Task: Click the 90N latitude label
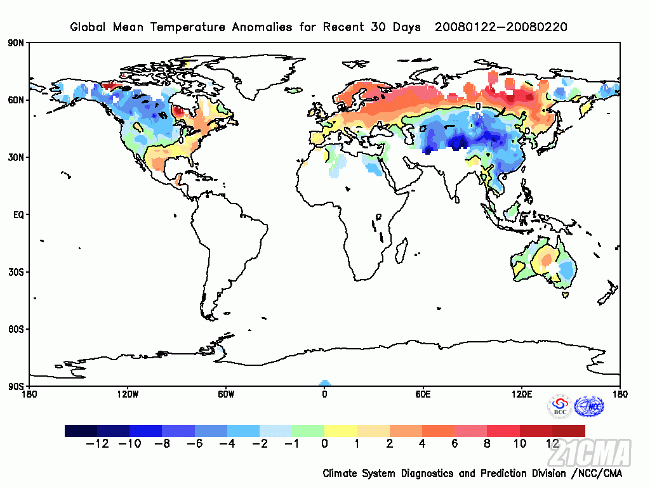[17, 43]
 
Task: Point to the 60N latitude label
[17, 100]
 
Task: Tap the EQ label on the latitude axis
[18, 215]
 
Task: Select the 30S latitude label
[17, 272]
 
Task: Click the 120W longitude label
[128, 394]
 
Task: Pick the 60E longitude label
[423, 394]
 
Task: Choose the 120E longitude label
[522, 394]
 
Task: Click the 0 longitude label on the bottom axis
[324, 394]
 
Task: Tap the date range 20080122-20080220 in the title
[501, 27]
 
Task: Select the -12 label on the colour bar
[97, 444]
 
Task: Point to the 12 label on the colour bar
[552, 444]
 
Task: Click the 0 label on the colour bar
[324, 444]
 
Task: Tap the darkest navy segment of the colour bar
[81, 431]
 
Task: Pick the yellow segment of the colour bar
[341, 431]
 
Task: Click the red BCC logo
[560, 406]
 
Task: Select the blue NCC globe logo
[589, 406]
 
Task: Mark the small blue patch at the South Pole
[324, 383]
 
